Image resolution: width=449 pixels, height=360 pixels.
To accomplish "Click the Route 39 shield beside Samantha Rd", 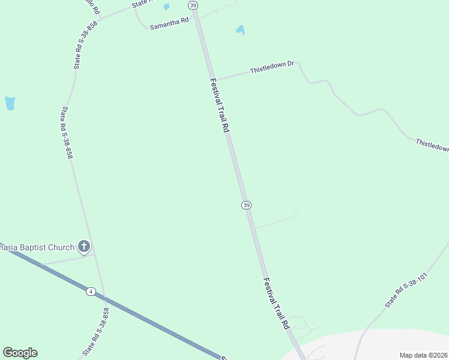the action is pyautogui.click(x=192, y=5).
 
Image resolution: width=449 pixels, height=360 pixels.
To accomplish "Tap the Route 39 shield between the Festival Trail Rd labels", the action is pyautogui.click(x=246, y=205).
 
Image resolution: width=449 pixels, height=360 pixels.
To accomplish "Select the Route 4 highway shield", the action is pyautogui.click(x=91, y=292).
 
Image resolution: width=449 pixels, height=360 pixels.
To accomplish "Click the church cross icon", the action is pyautogui.click(x=84, y=246).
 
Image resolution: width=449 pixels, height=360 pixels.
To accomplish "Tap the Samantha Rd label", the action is pyautogui.click(x=169, y=23).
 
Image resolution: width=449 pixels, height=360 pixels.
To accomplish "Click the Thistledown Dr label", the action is pyautogui.click(x=272, y=67).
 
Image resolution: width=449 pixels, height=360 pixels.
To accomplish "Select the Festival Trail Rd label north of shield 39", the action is pyautogui.click(x=220, y=105).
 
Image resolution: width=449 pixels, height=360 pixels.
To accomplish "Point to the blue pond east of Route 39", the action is pyautogui.click(x=240, y=29).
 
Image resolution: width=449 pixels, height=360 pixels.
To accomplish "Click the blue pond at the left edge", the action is pyautogui.click(x=10, y=103).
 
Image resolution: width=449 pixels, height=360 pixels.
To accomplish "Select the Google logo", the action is pyautogui.click(x=20, y=353).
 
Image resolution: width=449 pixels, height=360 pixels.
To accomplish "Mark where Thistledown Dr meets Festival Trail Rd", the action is pyautogui.click(x=215, y=79).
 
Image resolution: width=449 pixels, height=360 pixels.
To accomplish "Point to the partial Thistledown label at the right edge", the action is pyautogui.click(x=432, y=146).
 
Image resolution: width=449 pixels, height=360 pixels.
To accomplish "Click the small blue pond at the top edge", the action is pyautogui.click(x=166, y=7).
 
